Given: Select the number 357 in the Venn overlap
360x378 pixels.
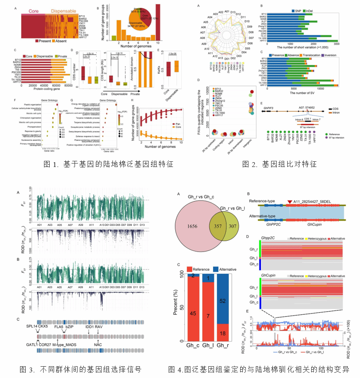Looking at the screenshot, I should click(x=217, y=226).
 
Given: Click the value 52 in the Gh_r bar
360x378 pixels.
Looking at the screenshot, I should click(x=223, y=301).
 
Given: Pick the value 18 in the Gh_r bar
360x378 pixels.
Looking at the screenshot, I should click(x=223, y=334).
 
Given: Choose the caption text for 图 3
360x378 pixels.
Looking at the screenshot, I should click(x=81, y=369).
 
